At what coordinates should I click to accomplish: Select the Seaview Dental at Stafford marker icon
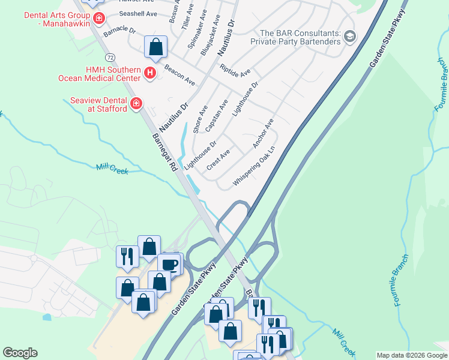point(136,103)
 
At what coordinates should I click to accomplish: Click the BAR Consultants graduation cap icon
point(350,37)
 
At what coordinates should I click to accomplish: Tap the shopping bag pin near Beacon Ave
point(155,47)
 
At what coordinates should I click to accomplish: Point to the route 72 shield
point(109,57)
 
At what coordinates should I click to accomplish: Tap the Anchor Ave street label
point(263,133)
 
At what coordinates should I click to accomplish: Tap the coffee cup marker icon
point(170,265)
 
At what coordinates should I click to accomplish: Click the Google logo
point(20,353)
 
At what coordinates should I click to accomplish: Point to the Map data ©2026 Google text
point(411,355)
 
